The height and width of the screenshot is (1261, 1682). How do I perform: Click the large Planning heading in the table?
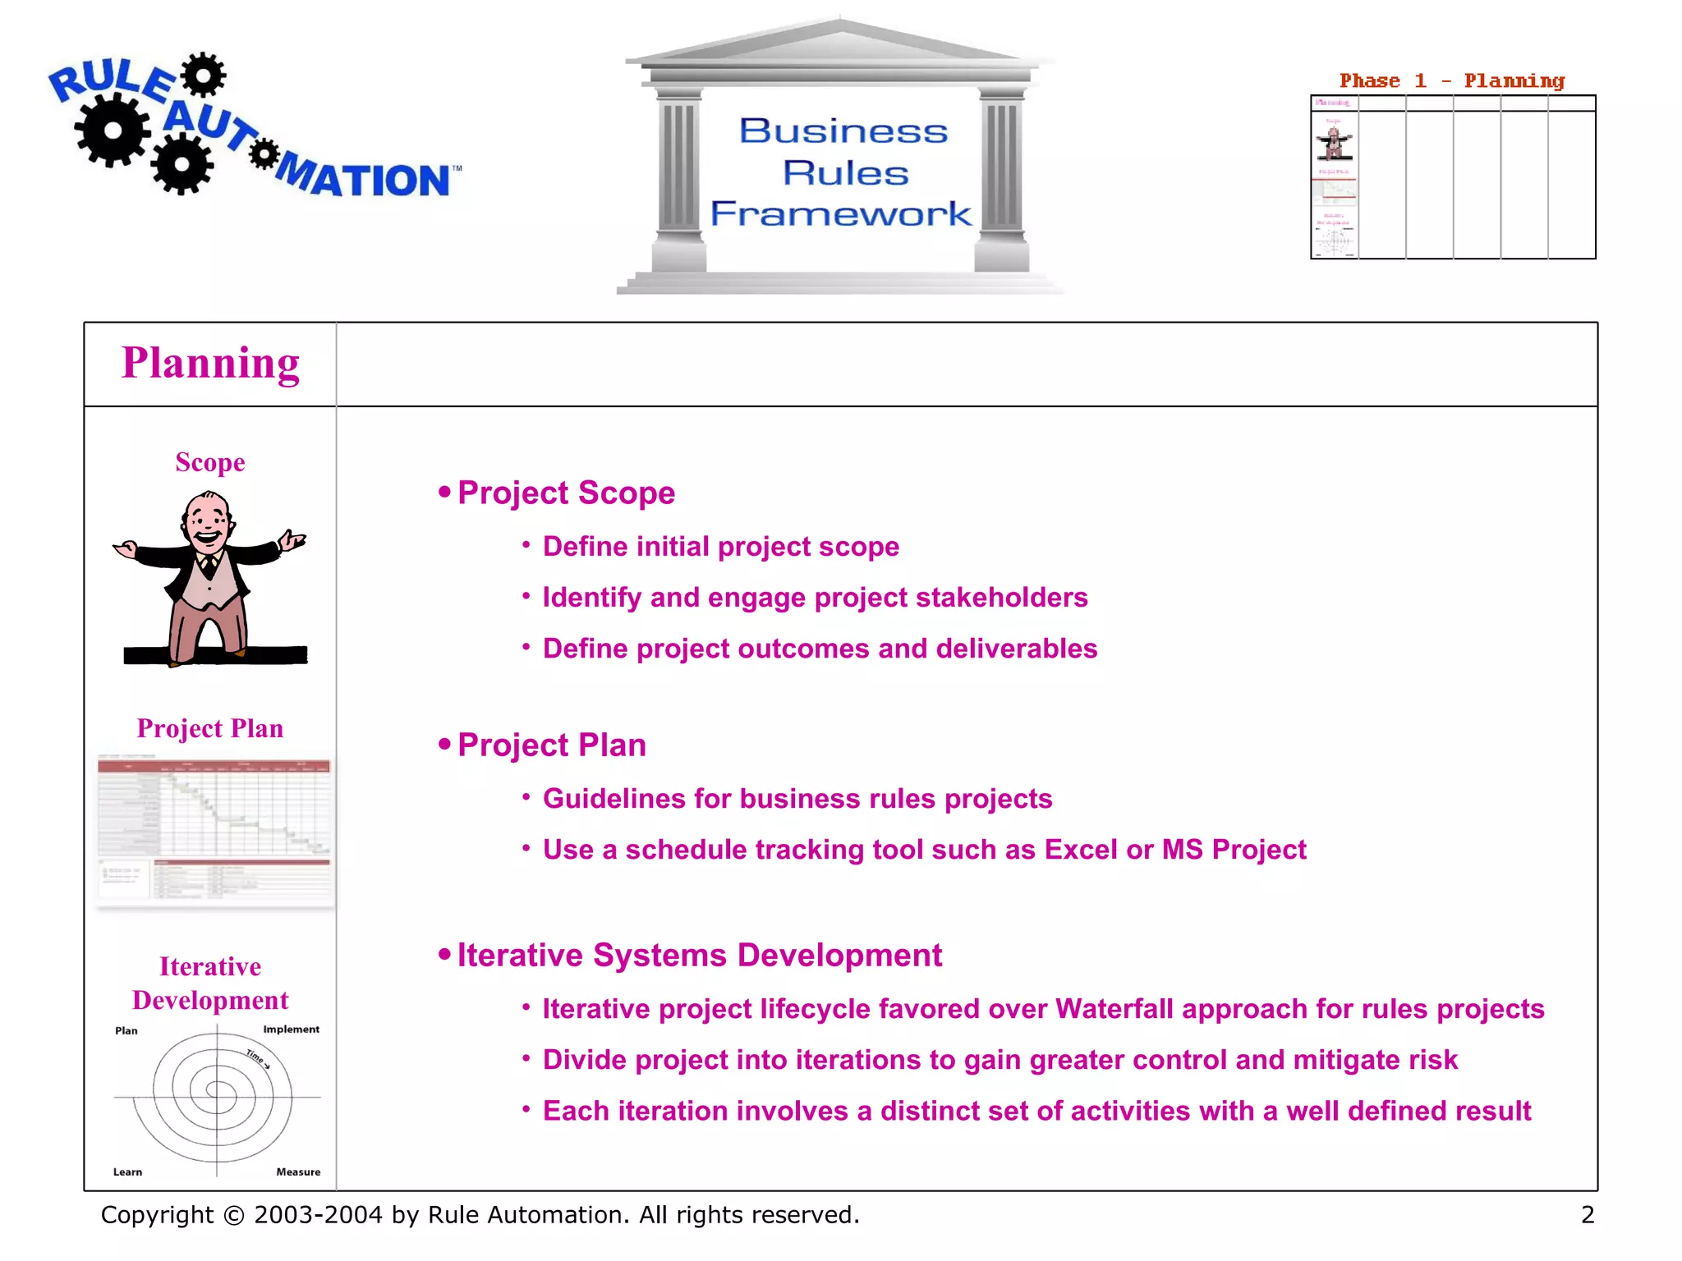coord(210,364)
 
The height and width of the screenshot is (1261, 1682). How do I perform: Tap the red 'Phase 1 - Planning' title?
coord(1451,80)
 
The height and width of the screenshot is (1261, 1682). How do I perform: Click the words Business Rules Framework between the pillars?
coord(843,172)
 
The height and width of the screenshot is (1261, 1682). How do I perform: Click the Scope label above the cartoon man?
coord(210,462)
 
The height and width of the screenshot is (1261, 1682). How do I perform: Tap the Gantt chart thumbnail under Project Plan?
coord(214,829)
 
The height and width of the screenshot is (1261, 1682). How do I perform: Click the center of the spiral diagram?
coord(217,1093)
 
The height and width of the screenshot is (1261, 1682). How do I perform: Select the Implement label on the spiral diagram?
coord(291,1029)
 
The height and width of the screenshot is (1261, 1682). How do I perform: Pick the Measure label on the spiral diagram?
coord(298,1172)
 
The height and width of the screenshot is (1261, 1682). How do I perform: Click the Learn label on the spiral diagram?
coord(127,1172)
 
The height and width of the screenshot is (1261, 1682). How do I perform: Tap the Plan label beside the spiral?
coord(126,1030)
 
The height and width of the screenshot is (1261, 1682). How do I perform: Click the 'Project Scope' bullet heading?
coord(566,493)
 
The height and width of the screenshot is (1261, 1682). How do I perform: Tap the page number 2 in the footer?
coord(1588,1214)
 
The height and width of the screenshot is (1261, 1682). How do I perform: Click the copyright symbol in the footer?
coord(234,1215)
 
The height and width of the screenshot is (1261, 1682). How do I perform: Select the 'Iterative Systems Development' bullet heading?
coord(699,956)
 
